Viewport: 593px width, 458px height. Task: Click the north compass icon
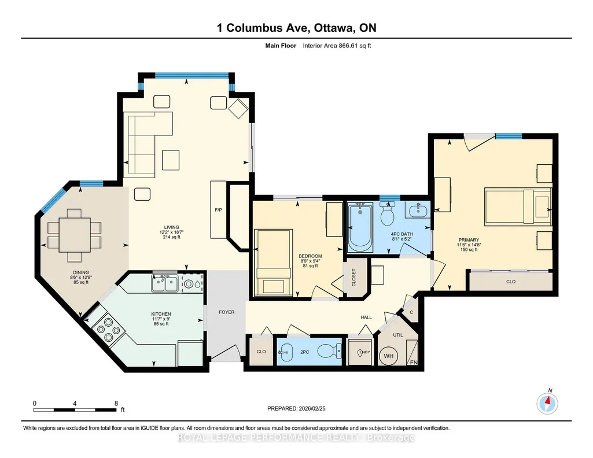(547, 404)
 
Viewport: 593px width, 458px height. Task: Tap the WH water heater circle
(389, 356)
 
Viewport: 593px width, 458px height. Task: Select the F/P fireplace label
(218, 210)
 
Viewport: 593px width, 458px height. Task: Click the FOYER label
(227, 312)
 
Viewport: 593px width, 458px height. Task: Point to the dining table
(75, 235)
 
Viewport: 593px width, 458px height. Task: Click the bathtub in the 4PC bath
(360, 227)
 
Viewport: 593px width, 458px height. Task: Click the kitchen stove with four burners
(107, 330)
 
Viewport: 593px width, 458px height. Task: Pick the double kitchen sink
(165, 283)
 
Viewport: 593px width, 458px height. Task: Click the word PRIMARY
(469, 240)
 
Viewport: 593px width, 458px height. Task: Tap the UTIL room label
(398, 335)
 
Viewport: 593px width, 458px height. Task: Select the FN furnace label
(413, 363)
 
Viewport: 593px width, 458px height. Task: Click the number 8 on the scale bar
(116, 403)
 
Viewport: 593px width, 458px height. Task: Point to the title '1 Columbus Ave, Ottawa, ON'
(296, 28)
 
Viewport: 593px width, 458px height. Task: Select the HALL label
(366, 317)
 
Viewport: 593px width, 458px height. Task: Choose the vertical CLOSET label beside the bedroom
(354, 278)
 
